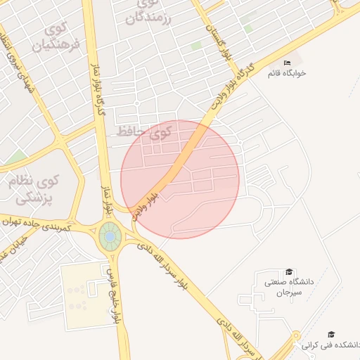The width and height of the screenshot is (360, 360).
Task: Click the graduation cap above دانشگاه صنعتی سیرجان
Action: pyautogui.click(x=288, y=272)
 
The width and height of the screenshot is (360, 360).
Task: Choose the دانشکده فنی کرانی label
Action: pyautogui.click(x=330, y=345)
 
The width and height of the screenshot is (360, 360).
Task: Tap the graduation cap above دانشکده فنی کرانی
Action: pyautogui.click(x=331, y=335)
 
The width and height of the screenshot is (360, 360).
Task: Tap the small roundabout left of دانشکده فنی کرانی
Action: pyautogui.click(x=296, y=335)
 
